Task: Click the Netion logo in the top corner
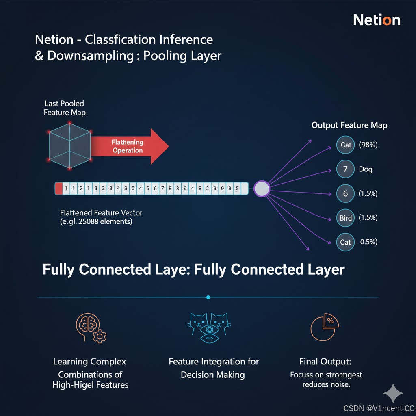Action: point(377,20)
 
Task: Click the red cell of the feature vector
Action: point(58,188)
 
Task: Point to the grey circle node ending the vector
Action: point(262,188)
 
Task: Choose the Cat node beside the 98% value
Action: point(346,145)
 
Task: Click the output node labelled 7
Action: point(345,169)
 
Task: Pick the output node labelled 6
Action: point(345,193)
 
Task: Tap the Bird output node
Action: point(345,218)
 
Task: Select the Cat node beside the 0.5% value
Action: point(345,242)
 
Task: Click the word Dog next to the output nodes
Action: point(365,169)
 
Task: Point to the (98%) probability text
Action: point(368,145)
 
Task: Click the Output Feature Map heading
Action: point(349,125)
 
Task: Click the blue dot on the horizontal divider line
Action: point(208,297)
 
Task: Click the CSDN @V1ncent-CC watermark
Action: point(379,408)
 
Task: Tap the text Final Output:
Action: point(325,361)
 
